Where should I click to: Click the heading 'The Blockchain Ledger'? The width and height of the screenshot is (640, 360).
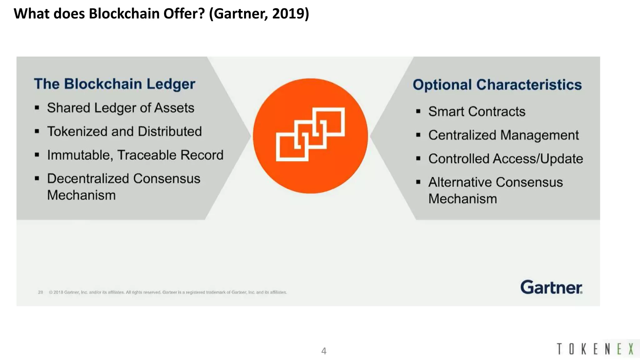point(114,84)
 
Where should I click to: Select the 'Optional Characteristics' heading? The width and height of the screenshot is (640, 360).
point(497,85)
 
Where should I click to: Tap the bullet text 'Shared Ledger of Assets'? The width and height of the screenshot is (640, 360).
point(121,108)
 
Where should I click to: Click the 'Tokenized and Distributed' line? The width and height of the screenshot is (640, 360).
point(124,131)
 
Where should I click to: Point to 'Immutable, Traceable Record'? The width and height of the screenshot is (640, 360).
point(135,155)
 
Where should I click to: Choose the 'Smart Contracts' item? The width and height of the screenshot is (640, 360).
point(477,112)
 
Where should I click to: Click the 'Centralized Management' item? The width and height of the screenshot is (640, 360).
point(503,135)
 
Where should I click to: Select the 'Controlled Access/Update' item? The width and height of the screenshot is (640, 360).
point(505,159)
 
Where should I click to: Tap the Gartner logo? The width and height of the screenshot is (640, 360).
point(551,287)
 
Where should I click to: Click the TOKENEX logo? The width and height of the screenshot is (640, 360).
point(595,349)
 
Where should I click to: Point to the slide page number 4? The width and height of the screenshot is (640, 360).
point(324,351)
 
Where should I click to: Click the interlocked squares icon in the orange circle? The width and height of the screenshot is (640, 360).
point(310,134)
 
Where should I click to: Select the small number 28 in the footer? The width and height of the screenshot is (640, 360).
point(40,292)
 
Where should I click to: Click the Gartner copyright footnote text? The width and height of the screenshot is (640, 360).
point(168,292)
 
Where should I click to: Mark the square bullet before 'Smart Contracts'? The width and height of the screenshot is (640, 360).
point(418,112)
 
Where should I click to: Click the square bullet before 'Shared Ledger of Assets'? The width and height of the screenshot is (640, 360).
point(37,108)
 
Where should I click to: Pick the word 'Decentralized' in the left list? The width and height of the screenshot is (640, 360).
point(87,179)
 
